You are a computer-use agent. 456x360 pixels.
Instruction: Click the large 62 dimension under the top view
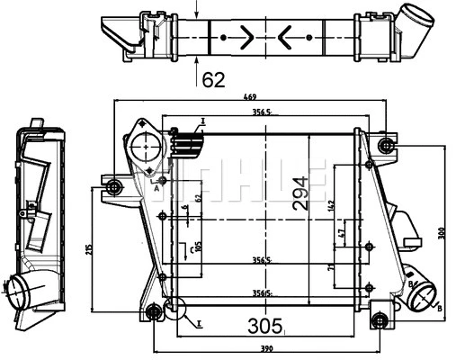tap(213, 80)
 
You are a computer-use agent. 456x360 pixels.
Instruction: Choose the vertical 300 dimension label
tap(441, 232)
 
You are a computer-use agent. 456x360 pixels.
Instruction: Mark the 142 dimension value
tap(331, 206)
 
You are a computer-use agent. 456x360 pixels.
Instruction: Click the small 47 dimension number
tap(341, 235)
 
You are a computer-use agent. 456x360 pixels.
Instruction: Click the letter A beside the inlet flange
tap(156, 189)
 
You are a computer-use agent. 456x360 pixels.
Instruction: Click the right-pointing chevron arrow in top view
tap(245, 38)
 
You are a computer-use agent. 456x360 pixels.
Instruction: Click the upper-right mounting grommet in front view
tap(387, 146)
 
